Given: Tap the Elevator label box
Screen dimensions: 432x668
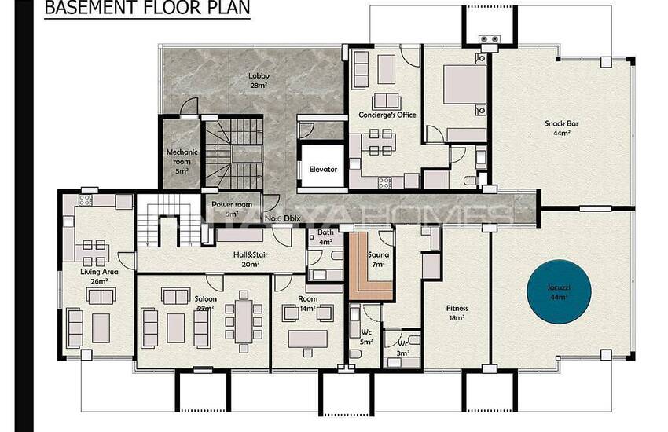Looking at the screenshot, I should [322, 169].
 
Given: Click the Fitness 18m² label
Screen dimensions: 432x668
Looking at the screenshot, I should [457, 313].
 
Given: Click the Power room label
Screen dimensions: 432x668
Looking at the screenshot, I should [232, 209].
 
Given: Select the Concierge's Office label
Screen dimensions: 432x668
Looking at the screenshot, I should [387, 115].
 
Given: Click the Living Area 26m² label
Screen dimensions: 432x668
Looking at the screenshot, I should [98, 276].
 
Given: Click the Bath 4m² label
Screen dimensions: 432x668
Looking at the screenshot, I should [325, 237].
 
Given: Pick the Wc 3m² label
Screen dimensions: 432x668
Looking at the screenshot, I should [402, 348].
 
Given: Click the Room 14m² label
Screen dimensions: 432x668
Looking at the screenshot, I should [308, 304].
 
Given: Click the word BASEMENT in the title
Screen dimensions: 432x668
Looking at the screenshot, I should [86, 9].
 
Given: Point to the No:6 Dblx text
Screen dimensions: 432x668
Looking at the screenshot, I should [284, 218].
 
